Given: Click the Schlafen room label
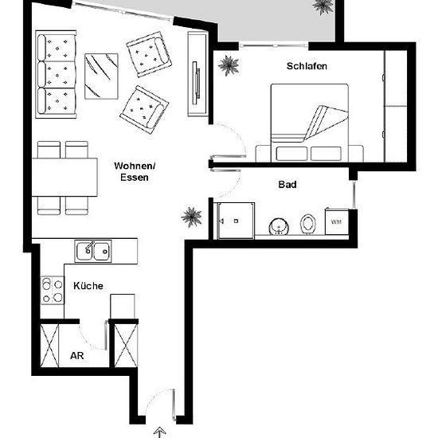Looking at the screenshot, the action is tap(307, 66).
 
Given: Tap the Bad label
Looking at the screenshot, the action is tap(287, 185).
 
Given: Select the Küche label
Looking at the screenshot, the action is tap(88, 286).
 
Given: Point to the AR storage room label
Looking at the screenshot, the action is tap(77, 356).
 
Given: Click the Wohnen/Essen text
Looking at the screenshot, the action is tap(135, 171).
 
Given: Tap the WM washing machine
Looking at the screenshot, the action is tap(337, 221).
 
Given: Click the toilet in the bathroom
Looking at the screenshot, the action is tap(308, 224).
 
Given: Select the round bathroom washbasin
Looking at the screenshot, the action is tap(279, 226).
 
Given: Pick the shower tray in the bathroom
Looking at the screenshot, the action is tap(236, 221).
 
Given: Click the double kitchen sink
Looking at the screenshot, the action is tap(93, 251).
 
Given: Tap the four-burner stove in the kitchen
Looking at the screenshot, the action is tap(53, 290).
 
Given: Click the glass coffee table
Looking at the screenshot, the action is tap(101, 76).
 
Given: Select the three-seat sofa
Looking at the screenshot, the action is tap(57, 74).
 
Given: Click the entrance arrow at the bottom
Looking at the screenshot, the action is tap(160, 432).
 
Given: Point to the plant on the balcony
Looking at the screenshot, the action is tap(323, 6).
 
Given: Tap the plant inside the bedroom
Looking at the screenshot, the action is tap(229, 65).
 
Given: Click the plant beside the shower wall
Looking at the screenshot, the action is tap(191, 217).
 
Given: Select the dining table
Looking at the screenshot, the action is tap(65, 178).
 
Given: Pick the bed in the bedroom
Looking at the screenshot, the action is tap(310, 123).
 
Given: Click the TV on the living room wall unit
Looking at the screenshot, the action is tap(196, 83).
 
